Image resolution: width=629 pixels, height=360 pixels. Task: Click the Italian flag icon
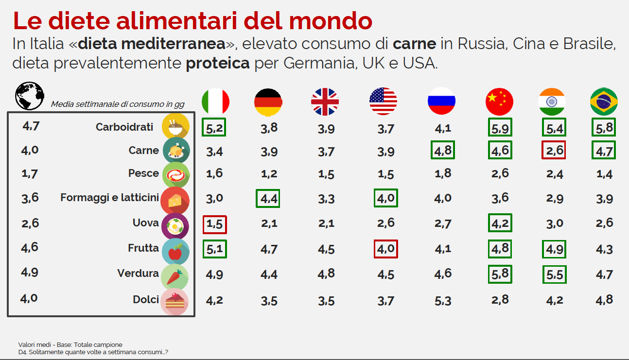215,102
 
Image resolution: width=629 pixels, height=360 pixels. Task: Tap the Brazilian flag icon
604,102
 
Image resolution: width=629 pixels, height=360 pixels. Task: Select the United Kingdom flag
325,102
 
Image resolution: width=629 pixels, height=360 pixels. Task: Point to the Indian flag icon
552,102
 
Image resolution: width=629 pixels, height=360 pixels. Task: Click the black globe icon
30,96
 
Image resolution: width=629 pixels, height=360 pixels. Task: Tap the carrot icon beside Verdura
175,275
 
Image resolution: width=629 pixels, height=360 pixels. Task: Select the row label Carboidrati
124,127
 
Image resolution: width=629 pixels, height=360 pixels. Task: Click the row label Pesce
143,173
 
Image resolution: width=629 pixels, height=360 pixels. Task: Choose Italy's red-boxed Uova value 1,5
214,224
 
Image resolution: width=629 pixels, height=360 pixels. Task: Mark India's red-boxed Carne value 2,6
554,150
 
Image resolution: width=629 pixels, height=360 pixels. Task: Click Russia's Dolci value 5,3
443,300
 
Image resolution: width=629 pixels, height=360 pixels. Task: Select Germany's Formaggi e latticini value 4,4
268,199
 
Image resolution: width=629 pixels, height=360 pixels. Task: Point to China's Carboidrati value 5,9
500,128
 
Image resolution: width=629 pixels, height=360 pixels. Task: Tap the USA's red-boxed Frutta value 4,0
386,249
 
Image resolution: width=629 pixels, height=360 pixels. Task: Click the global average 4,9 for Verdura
30,272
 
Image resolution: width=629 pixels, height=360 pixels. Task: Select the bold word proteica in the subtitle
218,63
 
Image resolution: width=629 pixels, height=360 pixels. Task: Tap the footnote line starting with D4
93,352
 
